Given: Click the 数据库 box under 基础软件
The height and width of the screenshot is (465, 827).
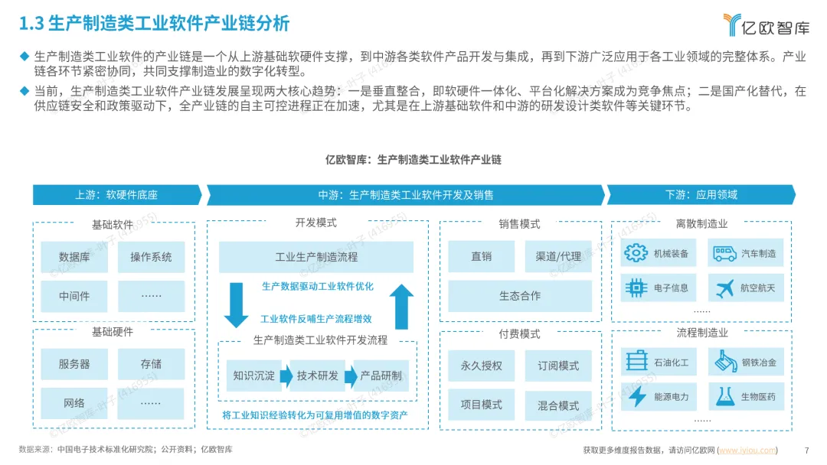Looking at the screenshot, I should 74,257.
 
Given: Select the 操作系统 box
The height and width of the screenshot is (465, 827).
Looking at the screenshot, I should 151,257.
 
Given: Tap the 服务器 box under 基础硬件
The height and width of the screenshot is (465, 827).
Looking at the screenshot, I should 74,364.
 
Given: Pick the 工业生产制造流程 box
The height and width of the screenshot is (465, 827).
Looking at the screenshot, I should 315,257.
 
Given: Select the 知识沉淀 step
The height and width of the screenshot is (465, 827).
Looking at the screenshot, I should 253,376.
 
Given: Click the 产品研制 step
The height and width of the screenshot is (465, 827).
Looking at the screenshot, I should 381,376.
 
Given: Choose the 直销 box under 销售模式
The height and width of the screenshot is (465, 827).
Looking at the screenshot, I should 481,257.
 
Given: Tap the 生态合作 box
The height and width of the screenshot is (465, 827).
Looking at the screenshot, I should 519,295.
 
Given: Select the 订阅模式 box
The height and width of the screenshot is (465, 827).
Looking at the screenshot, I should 557,366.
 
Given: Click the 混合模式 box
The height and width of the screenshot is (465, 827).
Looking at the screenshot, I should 557,405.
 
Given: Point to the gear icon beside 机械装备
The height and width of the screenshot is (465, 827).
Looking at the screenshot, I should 636,253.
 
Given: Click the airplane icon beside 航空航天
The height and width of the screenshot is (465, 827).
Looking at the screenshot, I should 724,288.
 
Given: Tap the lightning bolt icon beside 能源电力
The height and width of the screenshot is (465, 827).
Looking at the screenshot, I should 636,396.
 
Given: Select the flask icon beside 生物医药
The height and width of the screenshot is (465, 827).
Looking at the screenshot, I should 724,396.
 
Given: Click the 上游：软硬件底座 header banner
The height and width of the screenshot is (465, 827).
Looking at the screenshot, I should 116,195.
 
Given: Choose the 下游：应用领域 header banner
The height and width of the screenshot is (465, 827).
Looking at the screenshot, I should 701,195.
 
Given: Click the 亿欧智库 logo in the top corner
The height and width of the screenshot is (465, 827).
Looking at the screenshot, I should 766,25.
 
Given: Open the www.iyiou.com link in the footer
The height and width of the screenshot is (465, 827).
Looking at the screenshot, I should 747,450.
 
